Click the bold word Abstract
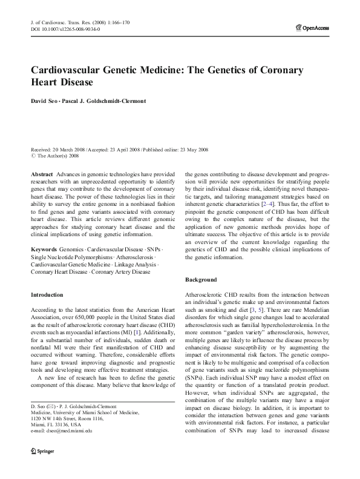click(x=41, y=174)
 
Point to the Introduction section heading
click(x=47, y=295)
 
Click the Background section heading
click(x=201, y=280)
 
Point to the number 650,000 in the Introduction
click(x=93, y=316)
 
